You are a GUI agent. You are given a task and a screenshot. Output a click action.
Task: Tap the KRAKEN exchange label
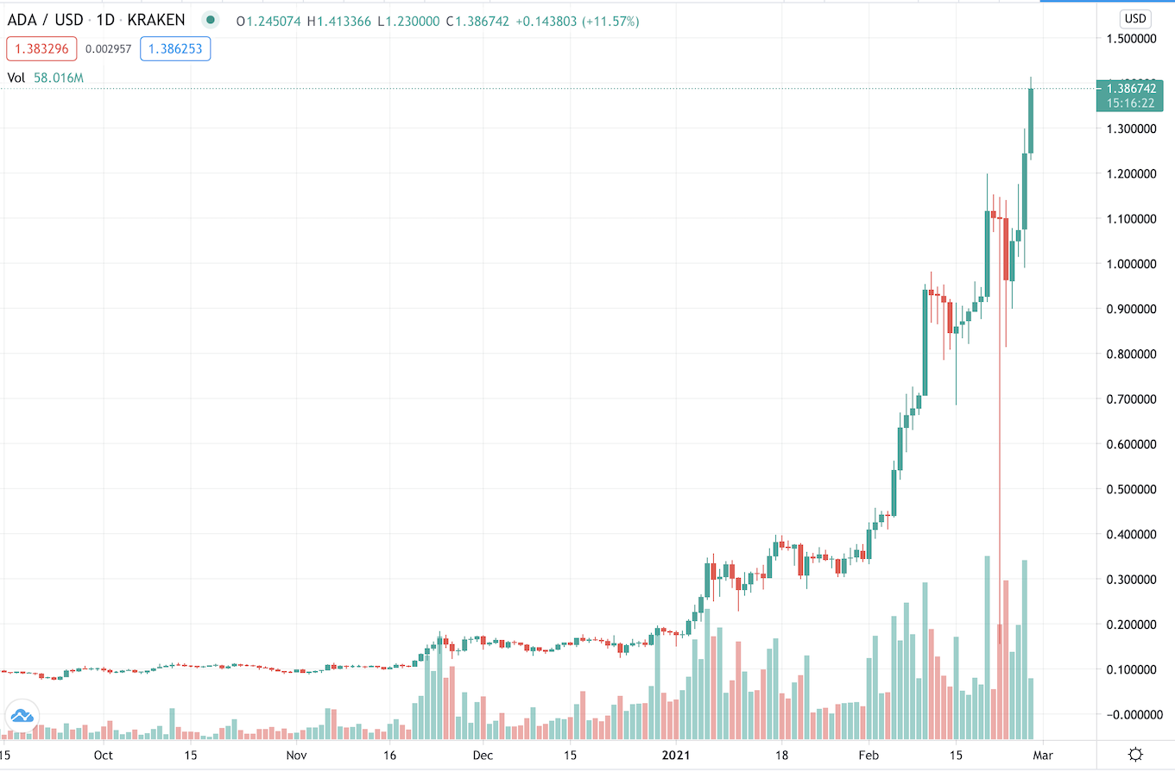156,20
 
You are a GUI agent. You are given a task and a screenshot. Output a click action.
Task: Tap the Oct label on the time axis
103,755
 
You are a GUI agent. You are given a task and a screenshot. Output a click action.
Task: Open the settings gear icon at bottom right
1136,754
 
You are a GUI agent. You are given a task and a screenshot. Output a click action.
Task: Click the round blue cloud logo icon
22,715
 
